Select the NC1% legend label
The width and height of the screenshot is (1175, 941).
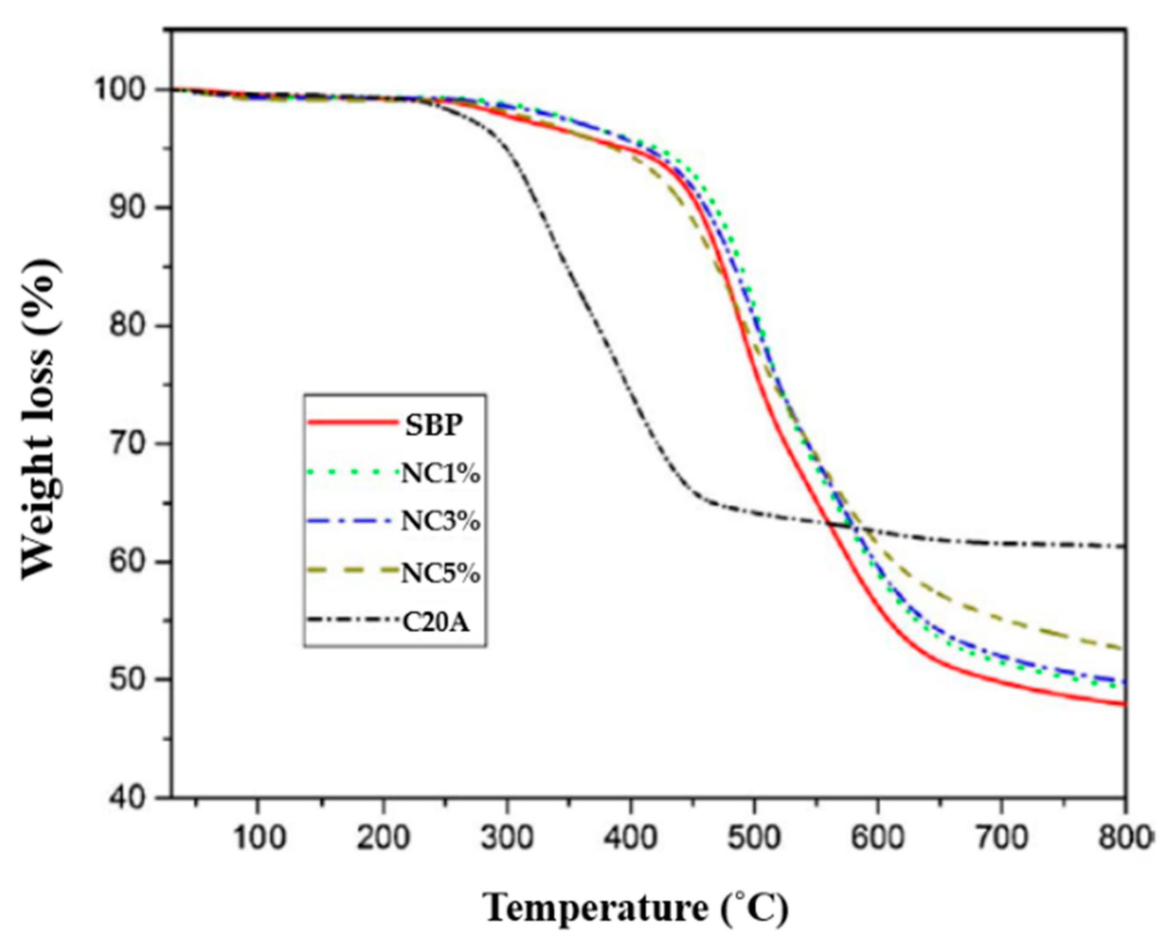pyautogui.click(x=441, y=474)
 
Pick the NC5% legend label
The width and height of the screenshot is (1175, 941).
pyautogui.click(x=441, y=574)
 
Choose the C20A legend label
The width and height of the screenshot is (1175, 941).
pyautogui.click(x=436, y=623)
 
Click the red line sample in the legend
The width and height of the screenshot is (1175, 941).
pyautogui.click(x=352, y=422)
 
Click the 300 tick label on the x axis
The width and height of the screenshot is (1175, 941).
pyautogui.click(x=507, y=838)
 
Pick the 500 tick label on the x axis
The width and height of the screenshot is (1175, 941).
pyautogui.click(x=754, y=838)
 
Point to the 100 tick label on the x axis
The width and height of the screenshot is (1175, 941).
pyautogui.click(x=258, y=838)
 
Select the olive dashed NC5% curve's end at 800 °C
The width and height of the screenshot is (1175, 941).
pyautogui.click(x=1123, y=648)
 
